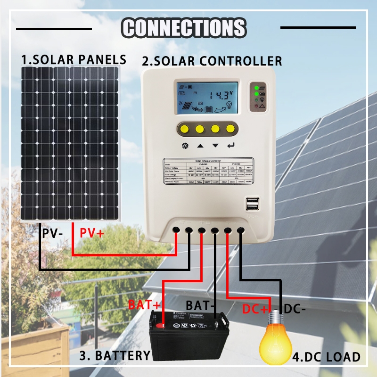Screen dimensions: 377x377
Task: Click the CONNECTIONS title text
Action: (x=184, y=27)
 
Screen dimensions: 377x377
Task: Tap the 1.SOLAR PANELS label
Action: (x=74, y=60)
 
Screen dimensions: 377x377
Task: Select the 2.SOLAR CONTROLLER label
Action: (x=212, y=61)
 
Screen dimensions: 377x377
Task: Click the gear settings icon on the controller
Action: (x=185, y=146)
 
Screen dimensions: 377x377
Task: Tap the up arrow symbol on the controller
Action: (x=200, y=146)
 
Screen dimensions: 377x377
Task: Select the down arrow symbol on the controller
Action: (x=215, y=146)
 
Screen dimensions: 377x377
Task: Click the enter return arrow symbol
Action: (x=230, y=146)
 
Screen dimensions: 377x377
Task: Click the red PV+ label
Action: (x=91, y=233)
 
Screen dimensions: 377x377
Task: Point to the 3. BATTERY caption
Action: (x=114, y=356)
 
